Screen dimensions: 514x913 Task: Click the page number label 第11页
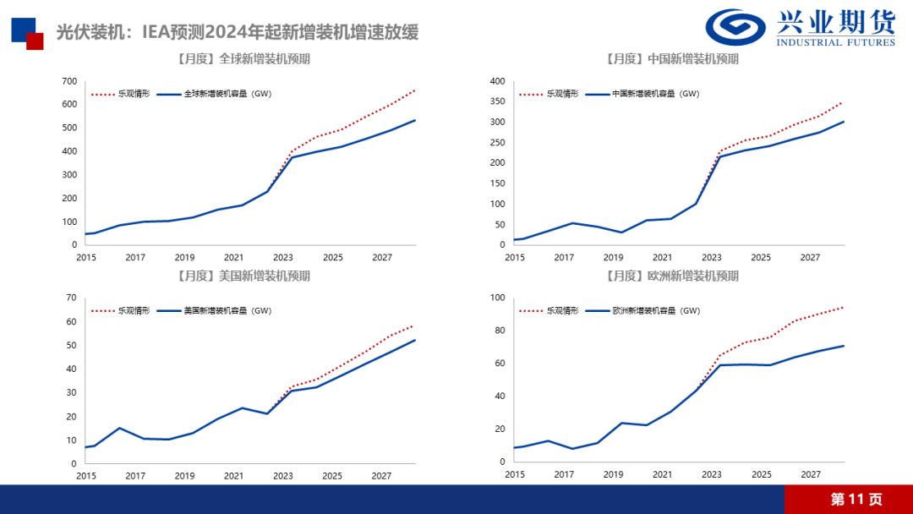click(x=856, y=500)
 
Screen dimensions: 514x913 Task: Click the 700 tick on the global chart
click(x=68, y=81)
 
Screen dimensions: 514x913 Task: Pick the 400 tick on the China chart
click(x=497, y=81)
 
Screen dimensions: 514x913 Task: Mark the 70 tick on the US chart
click(x=71, y=298)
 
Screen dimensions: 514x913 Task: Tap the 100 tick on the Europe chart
click(x=497, y=298)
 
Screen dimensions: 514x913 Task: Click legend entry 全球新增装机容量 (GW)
click(x=227, y=94)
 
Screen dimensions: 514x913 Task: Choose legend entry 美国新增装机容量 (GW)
click(x=227, y=311)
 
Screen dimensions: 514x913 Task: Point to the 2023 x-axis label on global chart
click(x=283, y=257)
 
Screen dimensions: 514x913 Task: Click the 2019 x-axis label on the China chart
click(x=613, y=257)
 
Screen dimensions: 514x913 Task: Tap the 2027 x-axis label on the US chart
click(x=381, y=475)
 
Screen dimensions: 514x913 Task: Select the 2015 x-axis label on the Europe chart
click(x=514, y=475)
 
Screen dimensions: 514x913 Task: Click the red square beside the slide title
click(x=35, y=41)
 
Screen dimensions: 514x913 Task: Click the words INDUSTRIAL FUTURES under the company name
click(x=835, y=43)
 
